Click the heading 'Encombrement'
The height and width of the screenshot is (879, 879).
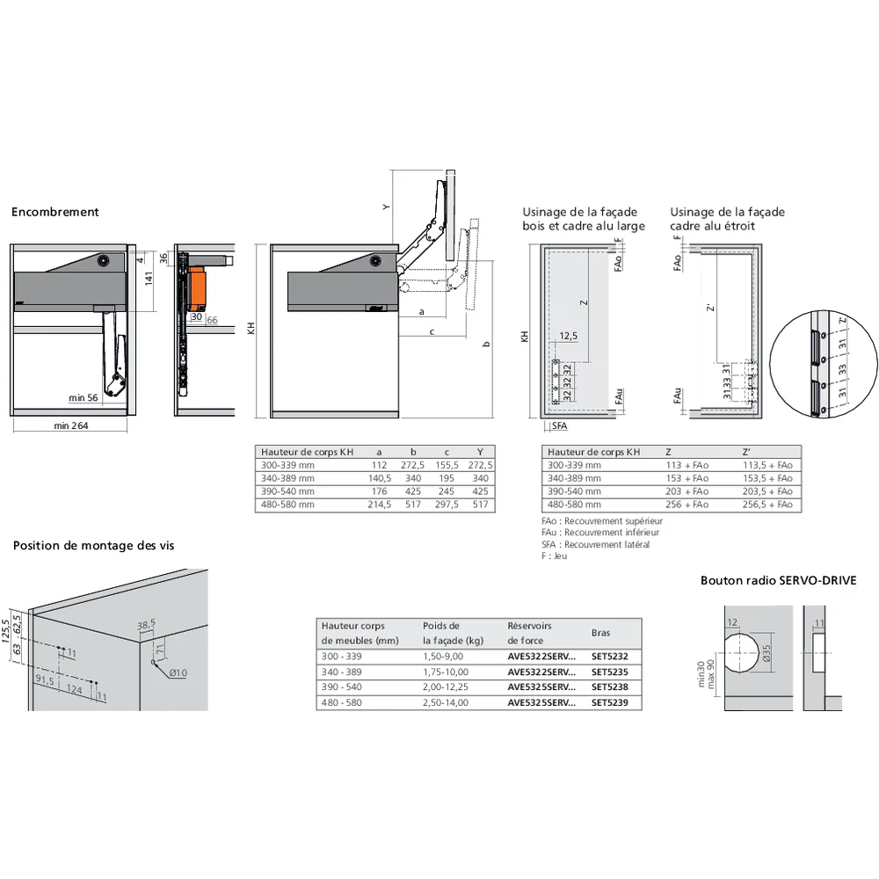(x=54, y=212)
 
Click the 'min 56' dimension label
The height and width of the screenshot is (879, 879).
(x=84, y=398)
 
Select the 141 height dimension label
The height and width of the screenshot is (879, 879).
(x=149, y=279)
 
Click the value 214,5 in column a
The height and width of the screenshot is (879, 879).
(x=379, y=505)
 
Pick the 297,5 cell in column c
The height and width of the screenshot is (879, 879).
(x=447, y=505)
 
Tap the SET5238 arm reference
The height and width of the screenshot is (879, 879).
(x=610, y=686)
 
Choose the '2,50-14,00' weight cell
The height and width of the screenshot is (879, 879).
(x=446, y=702)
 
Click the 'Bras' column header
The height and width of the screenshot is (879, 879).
(x=600, y=633)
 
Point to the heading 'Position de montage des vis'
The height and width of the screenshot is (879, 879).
(x=93, y=545)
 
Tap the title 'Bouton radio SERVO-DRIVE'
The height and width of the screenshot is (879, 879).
(x=778, y=580)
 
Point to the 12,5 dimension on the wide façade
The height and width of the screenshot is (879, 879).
(x=567, y=336)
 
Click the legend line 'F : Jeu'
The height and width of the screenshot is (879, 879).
(x=556, y=556)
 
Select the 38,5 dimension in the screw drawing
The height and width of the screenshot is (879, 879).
(x=146, y=624)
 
